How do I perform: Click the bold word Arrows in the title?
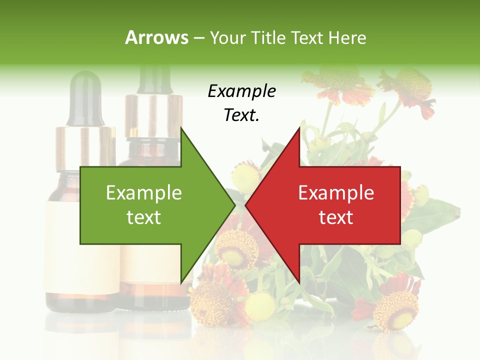click(156, 37)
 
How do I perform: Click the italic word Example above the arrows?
click(241, 91)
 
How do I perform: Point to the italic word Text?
click(241, 115)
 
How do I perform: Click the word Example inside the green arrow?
click(143, 192)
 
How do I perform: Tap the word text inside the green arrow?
click(143, 217)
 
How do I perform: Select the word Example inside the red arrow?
click(336, 192)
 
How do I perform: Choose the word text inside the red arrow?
click(336, 217)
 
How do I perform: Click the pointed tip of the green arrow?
click(234, 205)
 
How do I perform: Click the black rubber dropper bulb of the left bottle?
click(85, 97)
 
